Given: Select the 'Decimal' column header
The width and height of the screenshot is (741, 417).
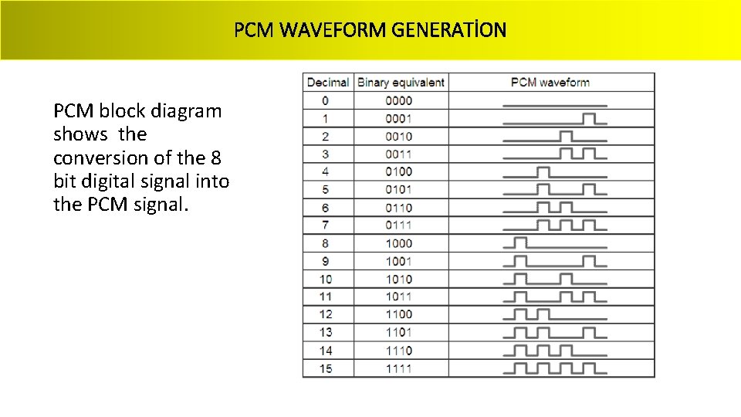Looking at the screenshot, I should [327, 82].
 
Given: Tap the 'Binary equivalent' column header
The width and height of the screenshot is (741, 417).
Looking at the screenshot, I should [401, 82].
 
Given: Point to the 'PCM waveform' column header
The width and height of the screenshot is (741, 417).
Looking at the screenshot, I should [550, 82].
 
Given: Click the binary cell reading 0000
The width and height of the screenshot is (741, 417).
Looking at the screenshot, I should [399, 100].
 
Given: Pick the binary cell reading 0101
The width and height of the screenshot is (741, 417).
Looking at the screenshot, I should [399, 190].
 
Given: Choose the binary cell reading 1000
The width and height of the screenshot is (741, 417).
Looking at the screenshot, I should [399, 243].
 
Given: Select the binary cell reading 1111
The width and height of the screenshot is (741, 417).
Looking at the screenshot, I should [399, 368].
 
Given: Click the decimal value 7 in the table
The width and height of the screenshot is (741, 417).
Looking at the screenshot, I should [326, 225].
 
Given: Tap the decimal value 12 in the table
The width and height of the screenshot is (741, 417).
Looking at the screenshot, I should [326, 314].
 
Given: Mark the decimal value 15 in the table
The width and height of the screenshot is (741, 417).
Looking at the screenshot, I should [326, 368].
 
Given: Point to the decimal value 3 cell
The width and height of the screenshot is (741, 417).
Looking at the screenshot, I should [326, 154].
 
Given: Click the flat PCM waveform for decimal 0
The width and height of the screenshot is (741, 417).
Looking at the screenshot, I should [554, 104].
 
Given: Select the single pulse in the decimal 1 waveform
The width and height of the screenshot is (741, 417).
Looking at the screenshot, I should [590, 118].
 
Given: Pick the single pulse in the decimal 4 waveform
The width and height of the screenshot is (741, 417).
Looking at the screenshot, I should [543, 171].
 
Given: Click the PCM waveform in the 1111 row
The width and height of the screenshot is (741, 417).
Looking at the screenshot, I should [554, 368].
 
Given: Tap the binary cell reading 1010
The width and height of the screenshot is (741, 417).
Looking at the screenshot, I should [399, 279].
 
